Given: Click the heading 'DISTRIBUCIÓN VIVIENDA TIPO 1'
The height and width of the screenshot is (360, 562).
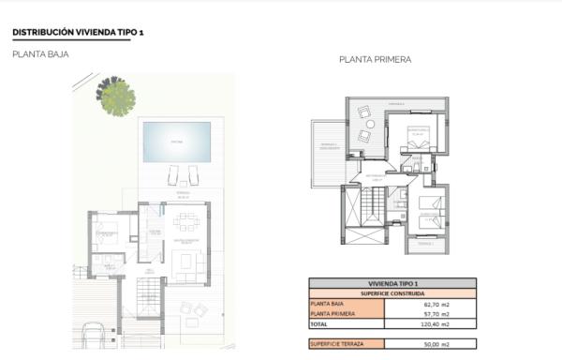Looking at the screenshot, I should [78, 32].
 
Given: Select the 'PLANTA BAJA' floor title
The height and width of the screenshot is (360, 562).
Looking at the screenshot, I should [40, 54].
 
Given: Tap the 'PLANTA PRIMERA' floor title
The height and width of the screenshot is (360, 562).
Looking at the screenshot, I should [375, 59].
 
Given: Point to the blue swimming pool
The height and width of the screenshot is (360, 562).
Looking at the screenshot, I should [175, 141].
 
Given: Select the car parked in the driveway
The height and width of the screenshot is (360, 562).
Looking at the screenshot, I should [94, 337].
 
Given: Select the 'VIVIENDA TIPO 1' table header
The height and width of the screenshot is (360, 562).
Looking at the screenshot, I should [392, 282].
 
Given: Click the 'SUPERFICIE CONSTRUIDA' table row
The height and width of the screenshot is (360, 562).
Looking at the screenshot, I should [392, 292].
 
